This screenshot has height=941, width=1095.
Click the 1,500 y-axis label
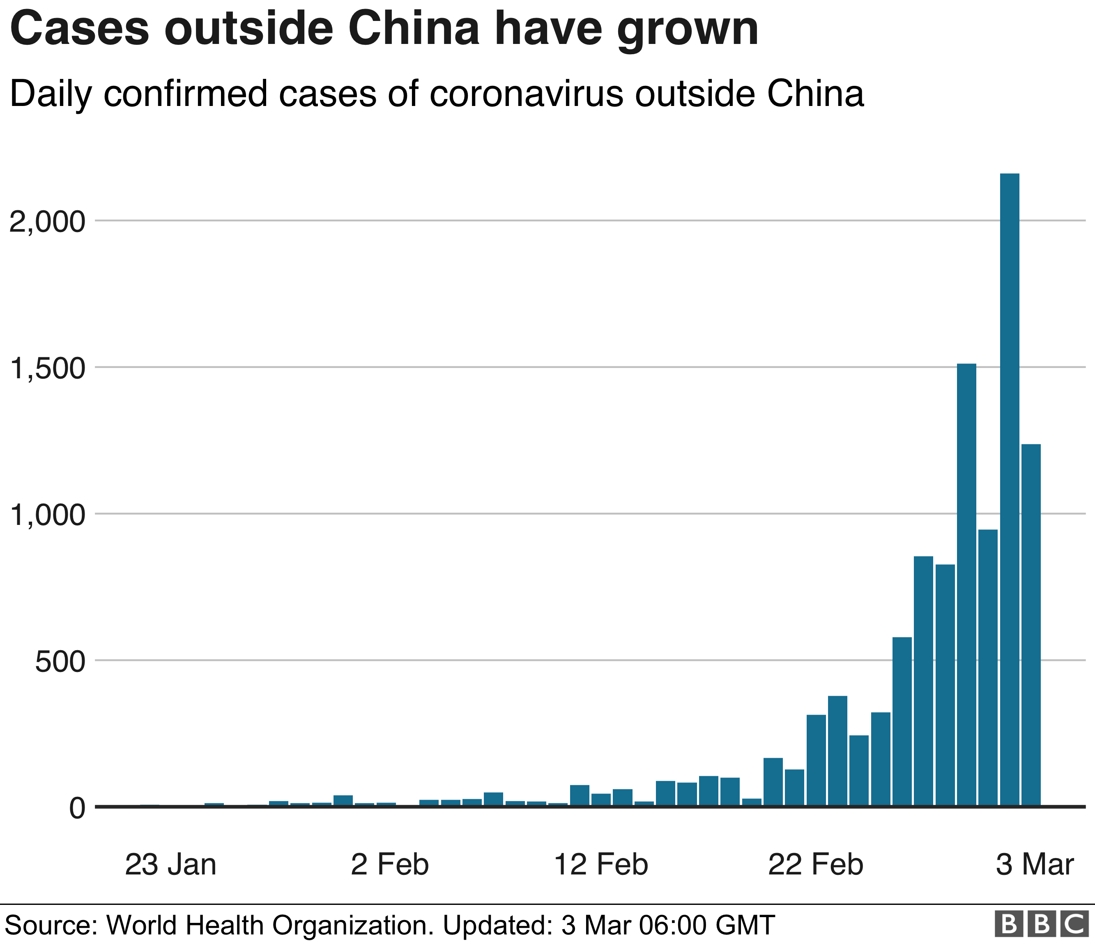[48, 369]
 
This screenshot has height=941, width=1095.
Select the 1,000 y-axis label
[48, 515]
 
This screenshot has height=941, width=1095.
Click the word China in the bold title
[413, 29]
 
